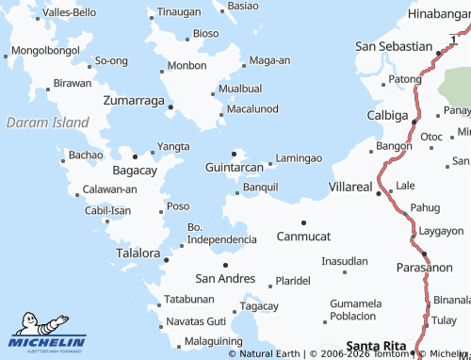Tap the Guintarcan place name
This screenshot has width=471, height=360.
[x=234, y=167]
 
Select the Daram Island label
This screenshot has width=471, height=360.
[x=47, y=123]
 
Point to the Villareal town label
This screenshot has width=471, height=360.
[x=350, y=188]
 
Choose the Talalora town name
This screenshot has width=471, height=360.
[x=138, y=254]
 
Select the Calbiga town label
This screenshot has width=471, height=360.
[x=387, y=116]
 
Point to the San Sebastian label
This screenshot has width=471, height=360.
[x=393, y=45]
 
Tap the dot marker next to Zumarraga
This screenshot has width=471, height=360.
[x=170, y=106]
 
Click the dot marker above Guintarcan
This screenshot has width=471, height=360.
[x=235, y=154]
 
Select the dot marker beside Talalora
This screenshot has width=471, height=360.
[x=166, y=259]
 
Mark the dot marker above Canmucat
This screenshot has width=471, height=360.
[x=303, y=222]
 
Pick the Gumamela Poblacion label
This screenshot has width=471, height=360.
[x=356, y=310]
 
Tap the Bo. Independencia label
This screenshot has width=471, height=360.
[x=222, y=234]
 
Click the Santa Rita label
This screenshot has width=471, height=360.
[x=378, y=346]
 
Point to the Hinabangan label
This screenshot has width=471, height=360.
[x=439, y=14]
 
